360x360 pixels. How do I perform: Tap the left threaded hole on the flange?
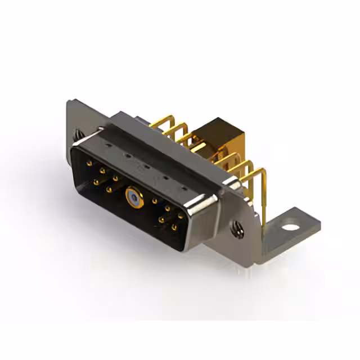click(x=78, y=135)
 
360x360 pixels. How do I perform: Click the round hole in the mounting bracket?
click(x=290, y=228)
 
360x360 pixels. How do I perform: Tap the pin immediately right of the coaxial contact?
click(x=154, y=200)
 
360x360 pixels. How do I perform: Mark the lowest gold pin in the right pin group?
click(x=174, y=227)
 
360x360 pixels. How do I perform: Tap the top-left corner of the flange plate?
click(x=69, y=102)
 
